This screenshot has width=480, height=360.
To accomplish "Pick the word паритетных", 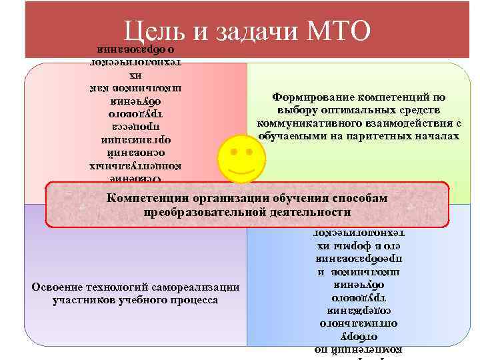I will (390, 135).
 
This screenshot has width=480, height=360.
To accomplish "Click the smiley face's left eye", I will (231, 153).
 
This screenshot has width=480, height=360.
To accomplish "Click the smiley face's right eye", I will (250, 153).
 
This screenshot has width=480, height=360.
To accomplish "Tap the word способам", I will (362, 198).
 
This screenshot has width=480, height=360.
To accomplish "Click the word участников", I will (80, 300).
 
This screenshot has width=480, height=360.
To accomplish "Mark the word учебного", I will (141, 300).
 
